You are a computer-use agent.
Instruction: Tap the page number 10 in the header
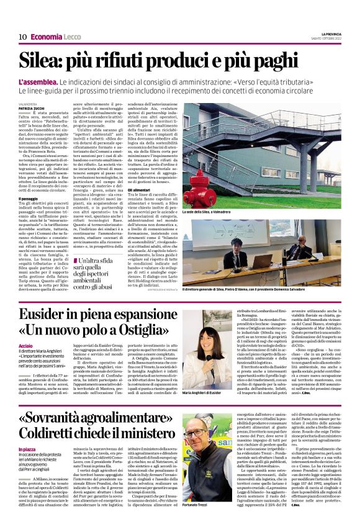coord(22,37)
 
